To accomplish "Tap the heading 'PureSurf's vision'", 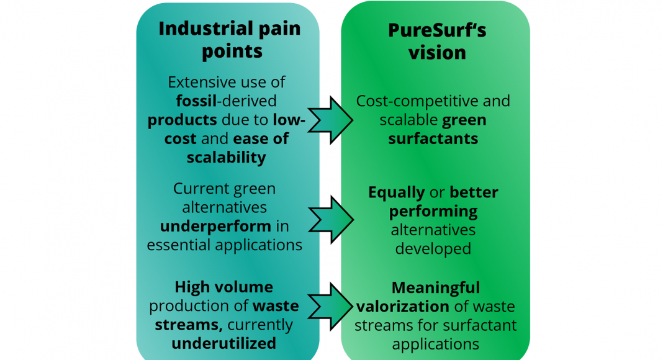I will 436,41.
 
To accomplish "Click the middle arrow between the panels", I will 331,218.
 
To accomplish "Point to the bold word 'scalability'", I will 226,157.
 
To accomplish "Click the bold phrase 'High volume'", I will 223,287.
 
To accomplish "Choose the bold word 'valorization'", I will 402,307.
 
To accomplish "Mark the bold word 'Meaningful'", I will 436,288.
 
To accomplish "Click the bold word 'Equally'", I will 397,192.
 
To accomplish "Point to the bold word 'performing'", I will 433,212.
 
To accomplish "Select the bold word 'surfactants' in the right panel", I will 433,138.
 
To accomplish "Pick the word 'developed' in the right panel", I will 433,249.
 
